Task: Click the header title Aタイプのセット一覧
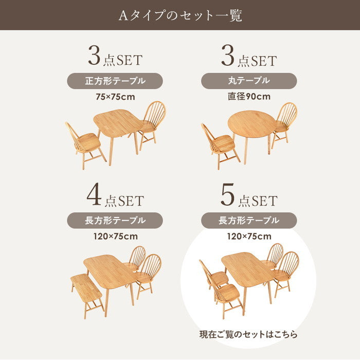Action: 180,15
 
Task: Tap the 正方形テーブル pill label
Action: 115,81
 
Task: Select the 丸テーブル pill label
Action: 249,81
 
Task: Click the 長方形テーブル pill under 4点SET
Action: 115,221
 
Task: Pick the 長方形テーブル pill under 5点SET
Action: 249,221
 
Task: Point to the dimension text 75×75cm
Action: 115,97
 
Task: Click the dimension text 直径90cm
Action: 249,97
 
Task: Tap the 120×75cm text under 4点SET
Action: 116,236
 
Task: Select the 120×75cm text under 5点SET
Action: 249,236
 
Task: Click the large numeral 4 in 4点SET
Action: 94,194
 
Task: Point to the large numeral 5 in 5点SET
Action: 227,194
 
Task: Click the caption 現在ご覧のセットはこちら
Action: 248,334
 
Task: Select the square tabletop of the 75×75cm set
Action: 118,123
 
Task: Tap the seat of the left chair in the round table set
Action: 224,143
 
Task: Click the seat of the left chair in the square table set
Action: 89,141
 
